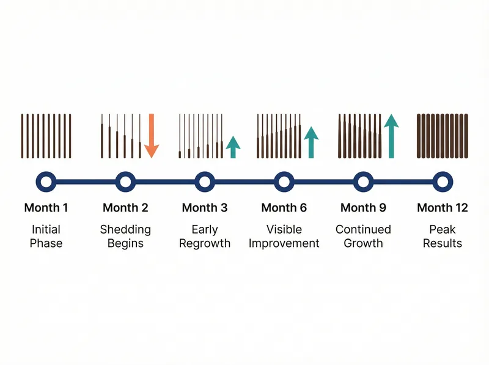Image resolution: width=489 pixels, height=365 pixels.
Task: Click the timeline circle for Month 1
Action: pos(46,181)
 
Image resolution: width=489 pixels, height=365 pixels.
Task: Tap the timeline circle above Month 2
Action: pos(125,181)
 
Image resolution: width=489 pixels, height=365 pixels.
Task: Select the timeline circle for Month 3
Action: pos(205,181)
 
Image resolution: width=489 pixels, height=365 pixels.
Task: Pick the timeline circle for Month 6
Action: pos(284,181)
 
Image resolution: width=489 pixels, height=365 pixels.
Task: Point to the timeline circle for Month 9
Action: pos(363,181)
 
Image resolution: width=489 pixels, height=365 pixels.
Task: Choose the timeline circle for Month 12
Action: pos(443,181)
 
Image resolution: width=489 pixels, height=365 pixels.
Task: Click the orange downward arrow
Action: pos(152,137)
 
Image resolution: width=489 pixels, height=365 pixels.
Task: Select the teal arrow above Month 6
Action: pos(312,142)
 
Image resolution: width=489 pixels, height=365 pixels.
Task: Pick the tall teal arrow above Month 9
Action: pos(391,136)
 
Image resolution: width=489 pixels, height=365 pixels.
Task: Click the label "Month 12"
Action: pos(443,208)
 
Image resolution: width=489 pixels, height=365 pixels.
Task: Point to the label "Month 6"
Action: pos(284,208)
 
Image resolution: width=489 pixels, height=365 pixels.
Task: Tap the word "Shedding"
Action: pos(125,229)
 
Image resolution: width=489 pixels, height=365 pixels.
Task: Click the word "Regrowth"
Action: pos(205,243)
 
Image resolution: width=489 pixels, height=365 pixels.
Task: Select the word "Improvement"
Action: pos(284,243)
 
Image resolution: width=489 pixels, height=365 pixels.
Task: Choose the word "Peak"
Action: pos(443,229)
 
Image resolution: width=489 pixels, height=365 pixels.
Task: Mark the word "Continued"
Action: pos(363,229)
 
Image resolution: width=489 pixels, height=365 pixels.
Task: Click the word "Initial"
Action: pos(46,229)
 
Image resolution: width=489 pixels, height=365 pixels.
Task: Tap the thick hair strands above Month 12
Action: pos(443,136)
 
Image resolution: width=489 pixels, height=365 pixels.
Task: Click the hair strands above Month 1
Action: pos(46,136)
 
